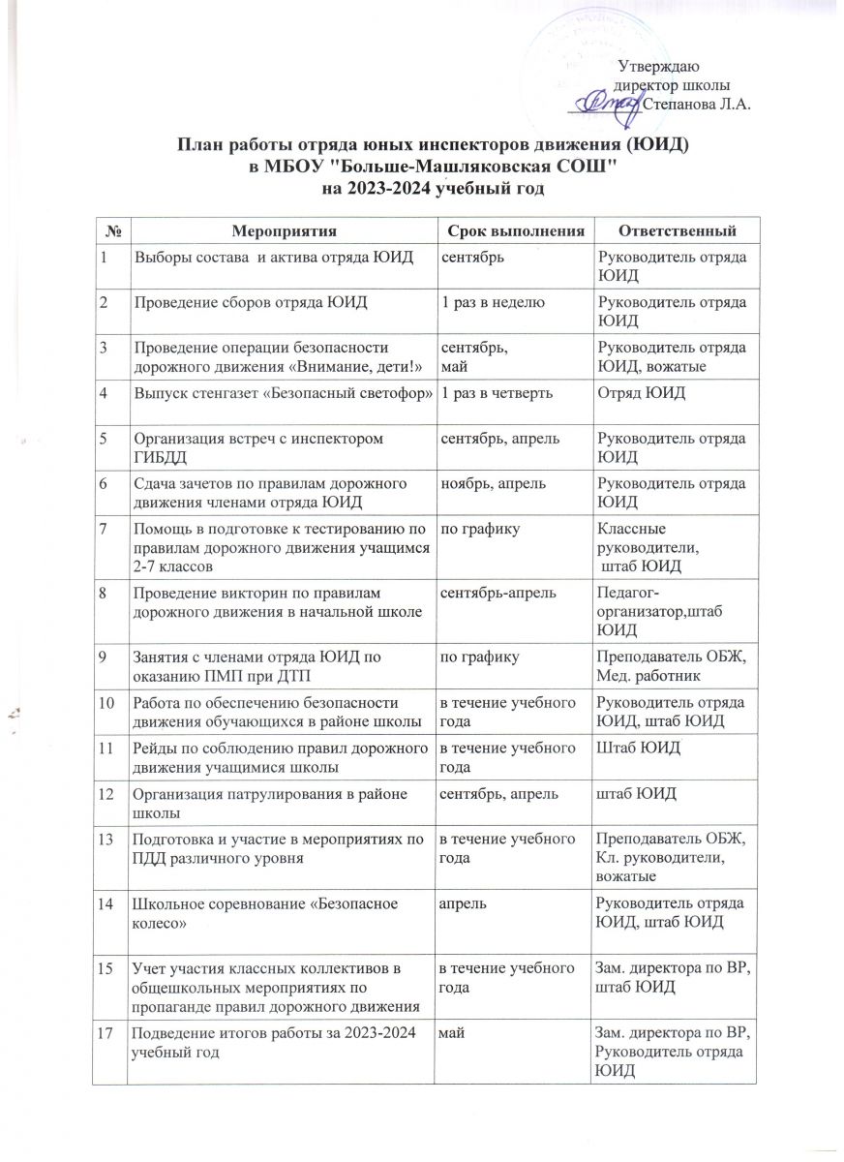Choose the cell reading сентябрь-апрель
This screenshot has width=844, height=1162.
pos(497,592)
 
